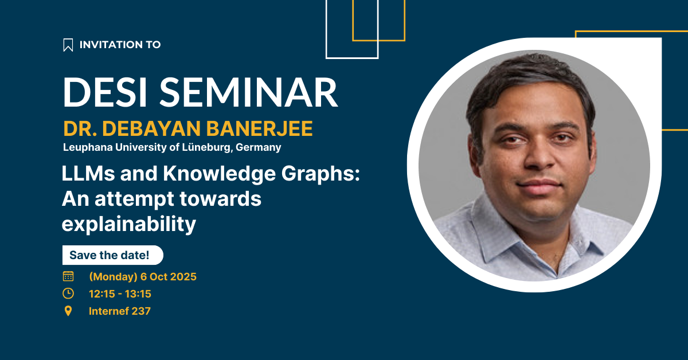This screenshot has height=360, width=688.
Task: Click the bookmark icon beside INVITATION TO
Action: click(x=68, y=45)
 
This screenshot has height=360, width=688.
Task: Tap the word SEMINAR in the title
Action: click(x=248, y=92)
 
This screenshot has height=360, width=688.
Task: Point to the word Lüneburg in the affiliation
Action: click(x=208, y=147)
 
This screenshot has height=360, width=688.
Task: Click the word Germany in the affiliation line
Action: click(x=259, y=148)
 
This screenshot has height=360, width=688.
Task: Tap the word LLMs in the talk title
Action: click(x=88, y=174)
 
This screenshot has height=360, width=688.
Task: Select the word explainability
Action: click(x=129, y=224)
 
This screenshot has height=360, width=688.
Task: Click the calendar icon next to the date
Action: click(x=68, y=276)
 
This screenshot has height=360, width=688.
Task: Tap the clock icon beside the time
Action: click(x=68, y=294)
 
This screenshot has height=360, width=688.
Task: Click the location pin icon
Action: click(x=68, y=311)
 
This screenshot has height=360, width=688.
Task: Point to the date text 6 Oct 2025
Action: click(x=169, y=277)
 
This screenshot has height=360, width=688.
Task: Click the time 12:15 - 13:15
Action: click(x=120, y=294)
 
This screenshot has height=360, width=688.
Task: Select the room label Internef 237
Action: click(x=120, y=311)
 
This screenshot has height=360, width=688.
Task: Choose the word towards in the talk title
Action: click(x=221, y=199)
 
